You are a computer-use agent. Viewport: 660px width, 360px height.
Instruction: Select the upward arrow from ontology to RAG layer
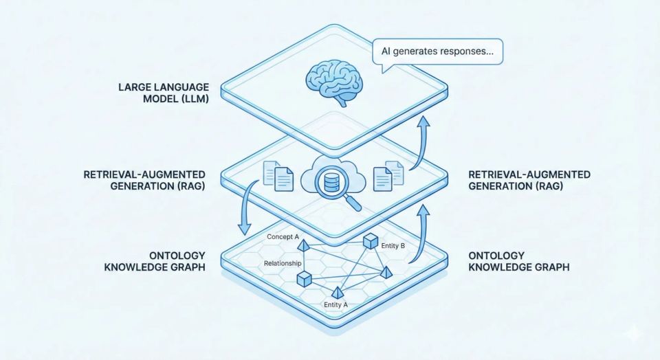click(x=421, y=234)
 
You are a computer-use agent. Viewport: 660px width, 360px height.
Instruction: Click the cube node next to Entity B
click(x=371, y=241)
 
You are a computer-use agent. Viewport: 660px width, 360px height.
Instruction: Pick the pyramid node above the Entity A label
click(x=338, y=292)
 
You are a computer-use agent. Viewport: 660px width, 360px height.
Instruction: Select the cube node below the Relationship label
click(x=304, y=278)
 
